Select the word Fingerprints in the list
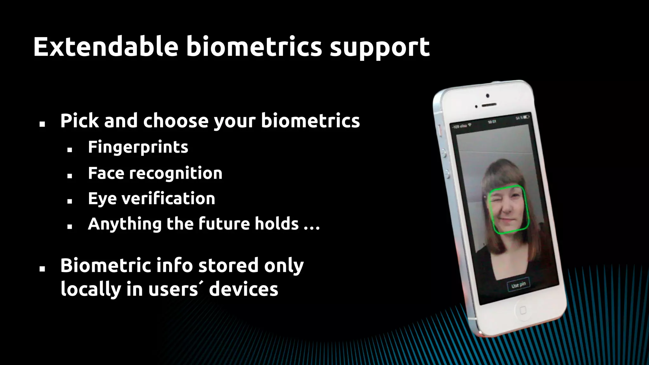point(138,147)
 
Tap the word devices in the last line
point(243,289)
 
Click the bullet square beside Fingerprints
point(70,150)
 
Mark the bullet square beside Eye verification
point(70,201)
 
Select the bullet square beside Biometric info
point(42,269)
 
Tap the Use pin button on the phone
point(518,285)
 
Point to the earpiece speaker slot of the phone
point(489,104)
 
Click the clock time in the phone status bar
point(492,122)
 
